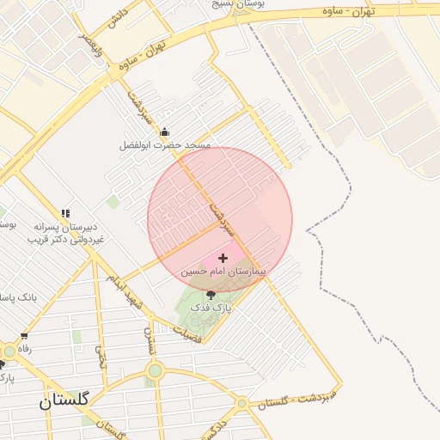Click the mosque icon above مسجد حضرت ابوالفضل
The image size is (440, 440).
(x=165, y=132)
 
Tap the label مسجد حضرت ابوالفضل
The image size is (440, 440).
(x=165, y=146)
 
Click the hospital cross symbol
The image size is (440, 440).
(x=223, y=258)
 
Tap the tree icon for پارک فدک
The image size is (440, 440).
(x=211, y=295)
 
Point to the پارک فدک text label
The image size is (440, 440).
(x=210, y=306)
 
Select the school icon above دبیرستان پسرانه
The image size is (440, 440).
(x=65, y=213)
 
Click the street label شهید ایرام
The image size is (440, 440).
(x=124, y=292)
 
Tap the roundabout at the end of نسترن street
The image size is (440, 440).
(x=155, y=371)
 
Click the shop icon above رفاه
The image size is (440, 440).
(x=24, y=336)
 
